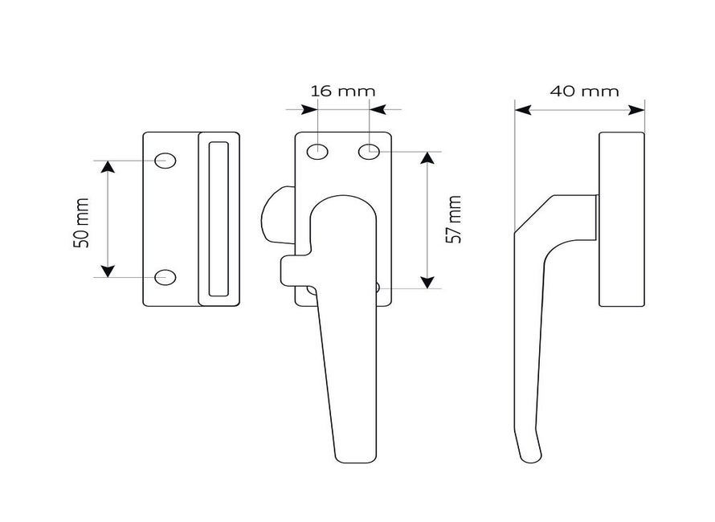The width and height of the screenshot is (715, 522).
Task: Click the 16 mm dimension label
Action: (343, 92)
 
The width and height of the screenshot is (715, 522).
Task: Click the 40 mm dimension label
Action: (584, 92)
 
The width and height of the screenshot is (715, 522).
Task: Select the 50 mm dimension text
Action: (80, 223)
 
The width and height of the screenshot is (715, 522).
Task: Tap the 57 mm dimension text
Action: (453, 219)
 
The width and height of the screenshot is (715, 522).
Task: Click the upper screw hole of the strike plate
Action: (165, 161)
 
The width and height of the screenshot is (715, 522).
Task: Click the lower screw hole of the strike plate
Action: (165, 277)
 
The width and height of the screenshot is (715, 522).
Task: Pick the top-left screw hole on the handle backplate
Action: (317, 151)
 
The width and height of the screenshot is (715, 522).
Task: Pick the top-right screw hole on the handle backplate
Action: (369, 151)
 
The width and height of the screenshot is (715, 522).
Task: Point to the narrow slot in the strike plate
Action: (219, 219)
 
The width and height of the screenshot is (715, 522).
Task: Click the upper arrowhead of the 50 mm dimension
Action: (108, 167)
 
